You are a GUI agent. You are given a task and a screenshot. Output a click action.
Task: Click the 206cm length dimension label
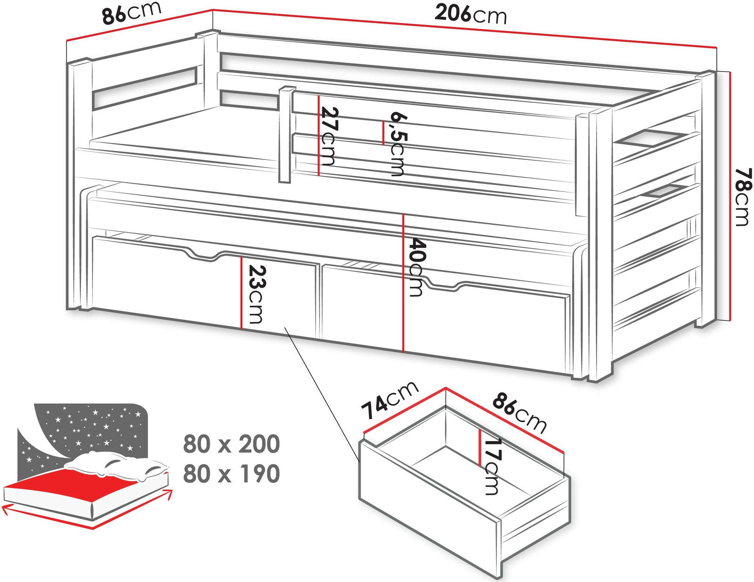point(470,15)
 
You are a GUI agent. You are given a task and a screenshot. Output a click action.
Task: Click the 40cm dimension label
point(417,266)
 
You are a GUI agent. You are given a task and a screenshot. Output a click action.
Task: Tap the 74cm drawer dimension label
point(389,400)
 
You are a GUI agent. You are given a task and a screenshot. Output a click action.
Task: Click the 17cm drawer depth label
point(492,467)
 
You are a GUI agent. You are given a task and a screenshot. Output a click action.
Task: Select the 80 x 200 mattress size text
point(231,444)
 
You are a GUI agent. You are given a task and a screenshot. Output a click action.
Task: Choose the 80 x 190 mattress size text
point(231,474)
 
